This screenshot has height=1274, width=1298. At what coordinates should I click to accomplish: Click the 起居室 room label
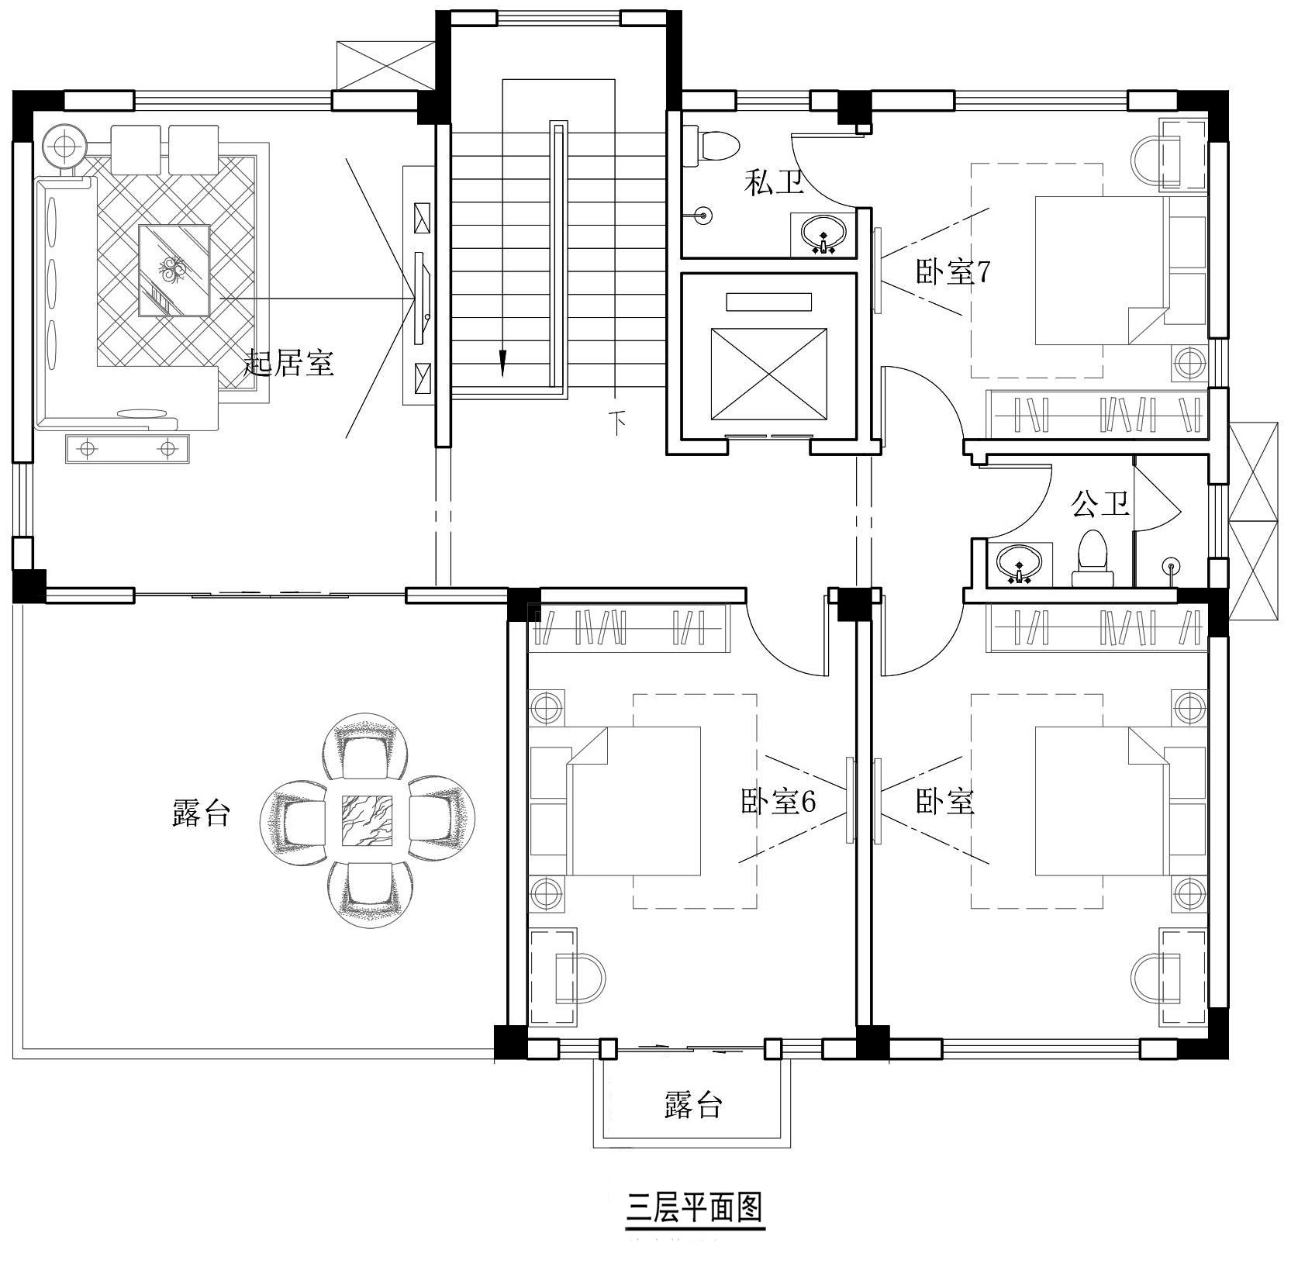(289, 363)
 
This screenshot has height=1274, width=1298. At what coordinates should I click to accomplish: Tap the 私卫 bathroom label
(774, 183)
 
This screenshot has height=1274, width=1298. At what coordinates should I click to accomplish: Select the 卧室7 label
(953, 272)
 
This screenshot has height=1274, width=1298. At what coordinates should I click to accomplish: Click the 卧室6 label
(778, 802)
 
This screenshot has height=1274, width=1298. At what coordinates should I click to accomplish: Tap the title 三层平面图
(696, 1207)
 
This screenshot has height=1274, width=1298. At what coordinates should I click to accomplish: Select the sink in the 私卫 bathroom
(823, 234)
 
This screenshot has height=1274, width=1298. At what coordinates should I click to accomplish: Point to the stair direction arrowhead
(502, 363)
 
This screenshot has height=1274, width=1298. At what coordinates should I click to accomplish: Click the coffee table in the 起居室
(174, 270)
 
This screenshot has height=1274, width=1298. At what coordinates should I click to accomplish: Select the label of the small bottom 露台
(693, 1105)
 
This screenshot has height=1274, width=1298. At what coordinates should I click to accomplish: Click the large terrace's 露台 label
(201, 813)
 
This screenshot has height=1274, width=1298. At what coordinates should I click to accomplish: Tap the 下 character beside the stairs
(617, 423)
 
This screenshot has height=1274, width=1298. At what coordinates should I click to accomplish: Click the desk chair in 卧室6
(580, 975)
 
